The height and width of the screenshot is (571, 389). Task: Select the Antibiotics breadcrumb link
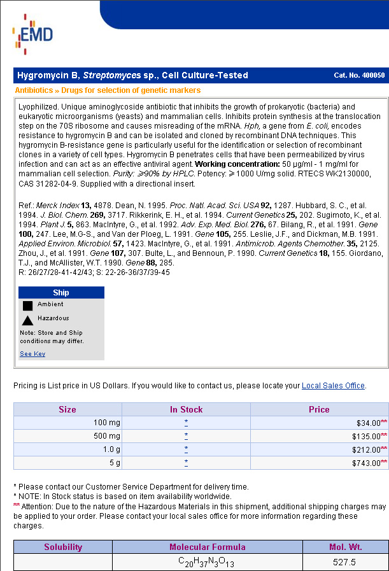click(x=34, y=90)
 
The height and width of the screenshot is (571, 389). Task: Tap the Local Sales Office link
click(x=333, y=386)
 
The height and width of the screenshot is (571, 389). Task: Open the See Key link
click(x=32, y=354)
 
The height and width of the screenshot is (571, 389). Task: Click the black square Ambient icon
click(x=27, y=306)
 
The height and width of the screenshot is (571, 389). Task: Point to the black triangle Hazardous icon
click(x=27, y=320)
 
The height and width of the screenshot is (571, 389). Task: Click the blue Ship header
click(x=61, y=293)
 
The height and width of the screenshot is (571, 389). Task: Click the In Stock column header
click(x=186, y=409)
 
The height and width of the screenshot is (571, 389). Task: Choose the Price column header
click(x=319, y=409)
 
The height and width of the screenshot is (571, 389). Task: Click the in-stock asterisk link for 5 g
click(x=186, y=463)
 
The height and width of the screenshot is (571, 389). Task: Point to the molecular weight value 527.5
click(x=344, y=563)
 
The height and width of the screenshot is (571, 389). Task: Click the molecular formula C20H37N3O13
click(x=207, y=563)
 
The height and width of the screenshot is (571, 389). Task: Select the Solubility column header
click(x=63, y=547)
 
